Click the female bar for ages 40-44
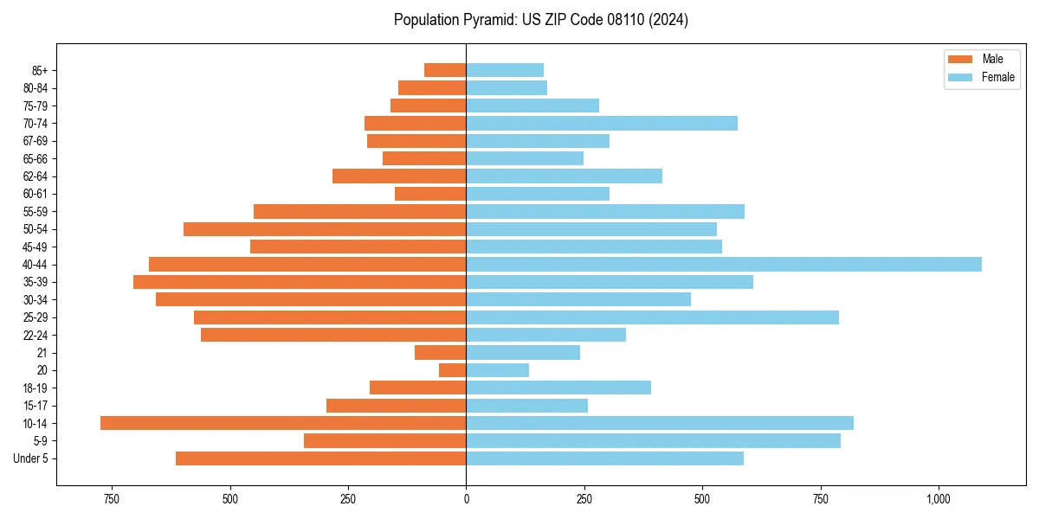[x=724, y=264]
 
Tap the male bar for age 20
[x=453, y=370]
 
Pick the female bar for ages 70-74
[x=602, y=123]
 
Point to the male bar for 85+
[x=445, y=70]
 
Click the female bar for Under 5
[x=604, y=458]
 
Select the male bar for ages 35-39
[x=300, y=282]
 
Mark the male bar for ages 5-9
[x=385, y=440]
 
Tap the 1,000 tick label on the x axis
[x=939, y=499]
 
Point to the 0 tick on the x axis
[x=467, y=499]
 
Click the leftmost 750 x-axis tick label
[x=111, y=499]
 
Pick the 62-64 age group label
[x=35, y=176]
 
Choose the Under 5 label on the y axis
[x=31, y=458]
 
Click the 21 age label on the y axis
[x=42, y=353]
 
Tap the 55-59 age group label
[x=35, y=212]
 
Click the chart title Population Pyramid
[x=540, y=20]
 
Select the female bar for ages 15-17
[x=527, y=406]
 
